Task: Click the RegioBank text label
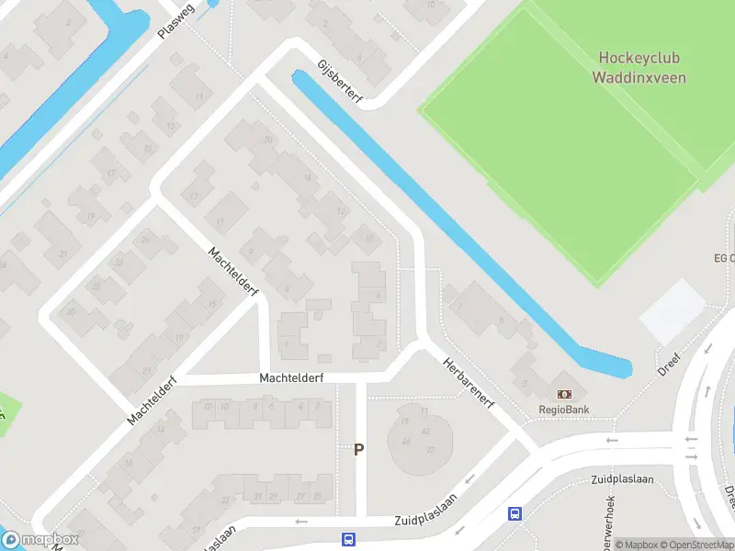click(563, 410)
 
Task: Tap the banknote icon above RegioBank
click(564, 393)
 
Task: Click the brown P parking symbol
click(359, 450)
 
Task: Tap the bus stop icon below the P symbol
click(348, 540)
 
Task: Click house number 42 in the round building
click(425, 431)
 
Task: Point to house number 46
click(406, 442)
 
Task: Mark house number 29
click(273, 497)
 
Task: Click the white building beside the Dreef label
click(673, 310)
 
